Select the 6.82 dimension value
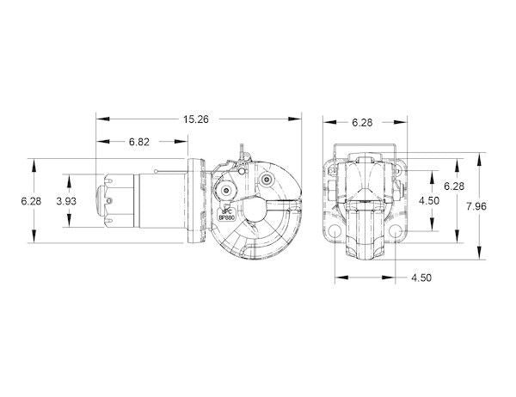(141, 140)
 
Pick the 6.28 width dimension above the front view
(362, 124)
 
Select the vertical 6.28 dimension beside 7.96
(453, 186)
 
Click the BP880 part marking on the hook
(227, 217)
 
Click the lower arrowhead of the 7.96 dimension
(480, 257)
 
